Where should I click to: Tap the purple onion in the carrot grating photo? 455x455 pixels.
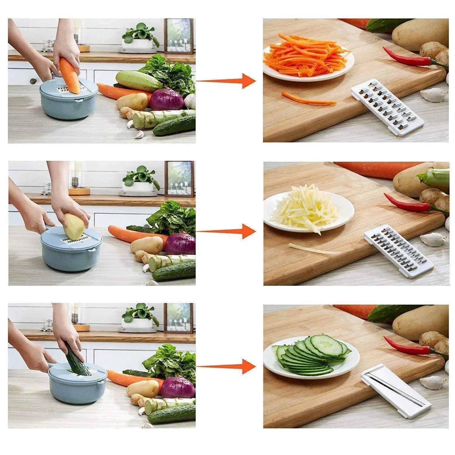[x=167, y=99]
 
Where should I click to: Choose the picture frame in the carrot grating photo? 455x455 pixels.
[x=178, y=36]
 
